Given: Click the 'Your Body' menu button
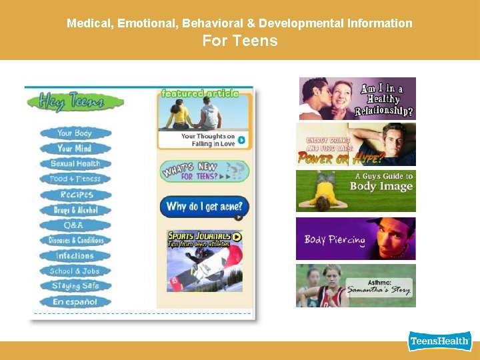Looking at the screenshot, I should [x=75, y=133].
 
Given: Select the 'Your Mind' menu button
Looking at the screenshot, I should [x=75, y=149].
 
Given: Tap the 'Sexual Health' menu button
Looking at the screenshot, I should [x=75, y=164].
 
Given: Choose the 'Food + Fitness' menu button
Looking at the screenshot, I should [x=75, y=179].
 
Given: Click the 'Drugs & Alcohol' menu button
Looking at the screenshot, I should [x=75, y=210].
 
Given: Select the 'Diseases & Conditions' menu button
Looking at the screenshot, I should [x=75, y=241].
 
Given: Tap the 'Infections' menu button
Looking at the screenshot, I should [x=75, y=256].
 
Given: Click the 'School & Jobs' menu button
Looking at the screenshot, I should [x=75, y=271].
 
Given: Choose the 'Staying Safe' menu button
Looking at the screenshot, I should [x=75, y=287].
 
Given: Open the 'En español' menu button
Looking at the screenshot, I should [x=75, y=302].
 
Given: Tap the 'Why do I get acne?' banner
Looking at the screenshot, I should [x=204, y=207].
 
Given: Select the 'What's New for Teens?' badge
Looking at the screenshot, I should [x=204, y=171].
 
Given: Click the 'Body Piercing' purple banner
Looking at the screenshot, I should [x=355, y=239].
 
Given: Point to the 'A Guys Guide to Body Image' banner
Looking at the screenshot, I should [x=355, y=191].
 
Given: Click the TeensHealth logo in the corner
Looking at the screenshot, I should [x=439, y=341].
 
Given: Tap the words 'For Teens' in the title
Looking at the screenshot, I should [x=239, y=41].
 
